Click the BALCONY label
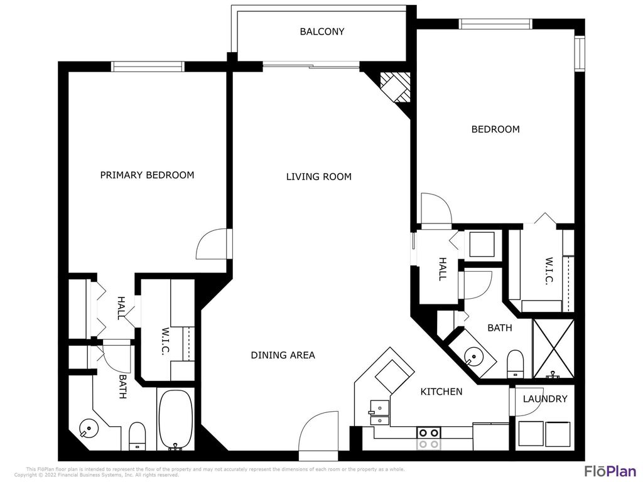(x=321, y=31)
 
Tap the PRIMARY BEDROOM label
(x=147, y=175)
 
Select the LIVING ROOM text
(x=318, y=177)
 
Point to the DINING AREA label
(x=283, y=355)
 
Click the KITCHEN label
(x=441, y=392)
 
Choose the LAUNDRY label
(x=545, y=399)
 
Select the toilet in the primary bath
(x=137, y=434)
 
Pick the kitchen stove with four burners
(x=428, y=437)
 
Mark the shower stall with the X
(x=553, y=349)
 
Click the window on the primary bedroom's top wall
(x=148, y=67)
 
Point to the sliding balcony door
(x=311, y=65)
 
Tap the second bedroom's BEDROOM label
(x=495, y=129)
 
